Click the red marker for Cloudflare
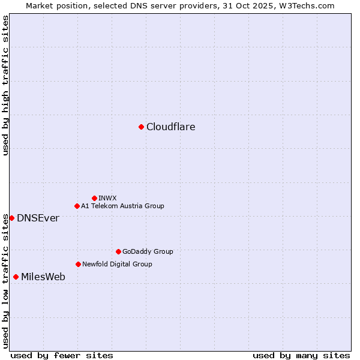pos(141,127)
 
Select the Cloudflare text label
pos(171,127)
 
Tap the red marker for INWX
pos(94,198)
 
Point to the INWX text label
pos(108,198)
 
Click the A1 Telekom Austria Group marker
pos(77,206)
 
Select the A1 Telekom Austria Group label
pos(122,206)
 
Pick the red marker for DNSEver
pos(11,218)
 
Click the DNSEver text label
pos(38,218)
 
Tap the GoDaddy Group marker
pos(118,251)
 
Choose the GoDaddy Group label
pos(148,251)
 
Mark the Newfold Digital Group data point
pos(78,264)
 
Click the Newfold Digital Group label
pos(117,264)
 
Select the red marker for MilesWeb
pos(16,277)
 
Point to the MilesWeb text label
pos(43,277)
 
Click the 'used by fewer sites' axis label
pos(62,355)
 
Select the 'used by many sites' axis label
pos(301,355)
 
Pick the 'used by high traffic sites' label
pos(5,85)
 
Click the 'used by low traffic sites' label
pos(5,281)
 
